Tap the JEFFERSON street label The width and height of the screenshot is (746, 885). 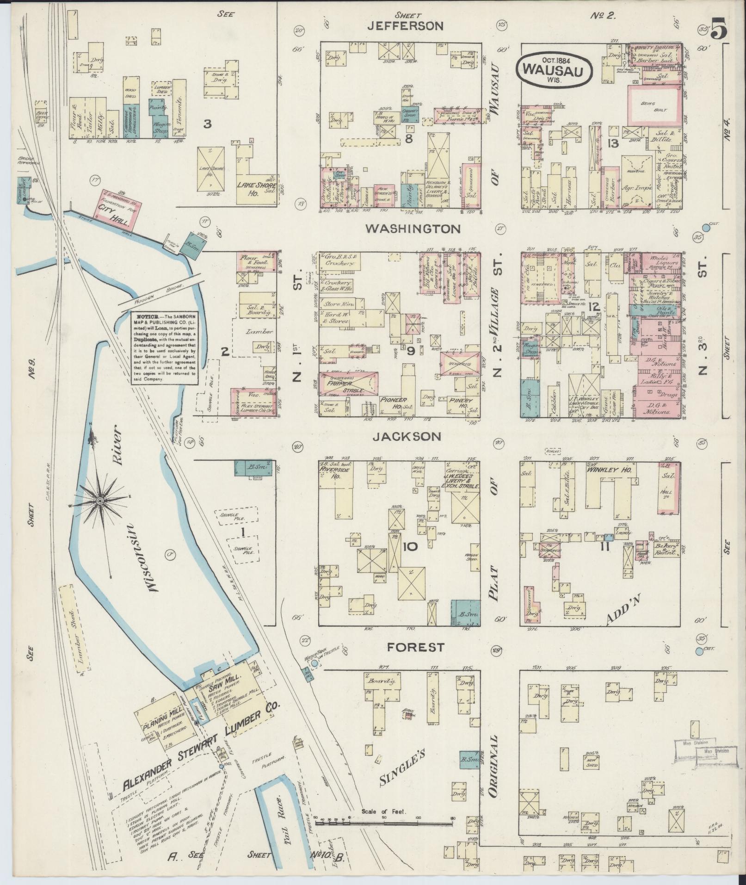pos(405,26)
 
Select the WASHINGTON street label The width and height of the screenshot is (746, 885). pos(413,229)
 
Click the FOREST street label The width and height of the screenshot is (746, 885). pos(416,647)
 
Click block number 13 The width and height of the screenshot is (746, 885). pos(614,143)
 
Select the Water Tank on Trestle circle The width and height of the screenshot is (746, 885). pos(314,663)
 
